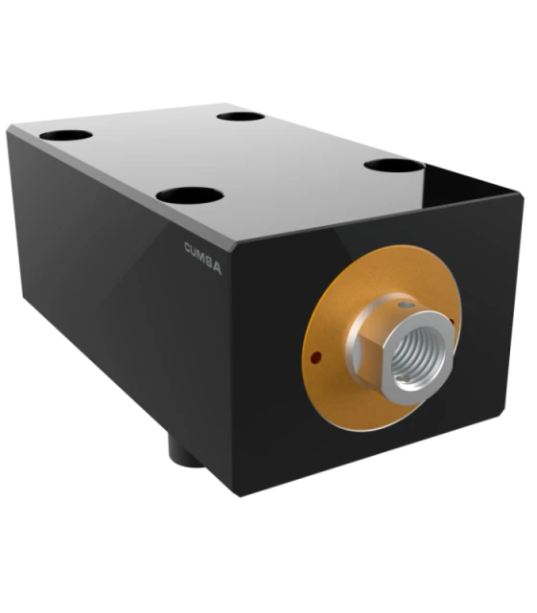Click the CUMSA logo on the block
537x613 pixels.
click(202, 258)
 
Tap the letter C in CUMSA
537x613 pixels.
click(189, 248)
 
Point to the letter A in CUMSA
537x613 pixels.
click(217, 269)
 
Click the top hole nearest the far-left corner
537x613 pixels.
click(66, 136)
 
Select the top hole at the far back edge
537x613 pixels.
click(241, 117)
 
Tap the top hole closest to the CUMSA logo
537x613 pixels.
click(190, 194)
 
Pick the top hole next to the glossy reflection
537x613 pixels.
click(394, 166)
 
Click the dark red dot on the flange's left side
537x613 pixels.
click(315, 356)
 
